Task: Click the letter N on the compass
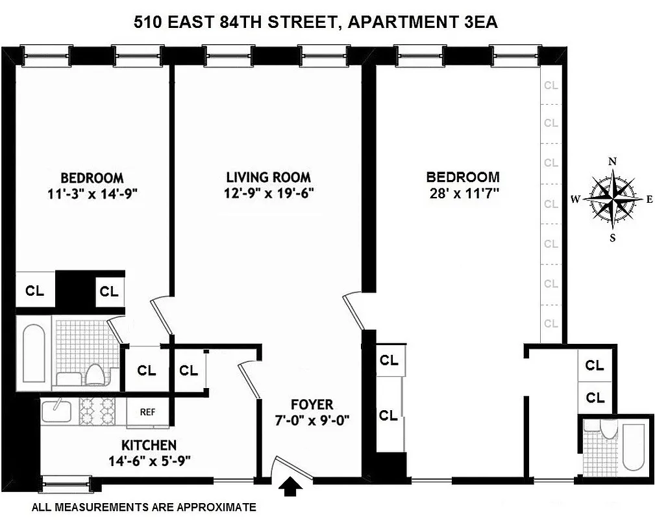coord(612,161)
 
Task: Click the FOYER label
coord(312,405)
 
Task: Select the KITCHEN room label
coord(149,445)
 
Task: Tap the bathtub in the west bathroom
coord(32,351)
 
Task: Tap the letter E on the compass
coord(649,200)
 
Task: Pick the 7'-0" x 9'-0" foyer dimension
coord(312,420)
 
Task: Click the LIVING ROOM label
coord(268,177)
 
